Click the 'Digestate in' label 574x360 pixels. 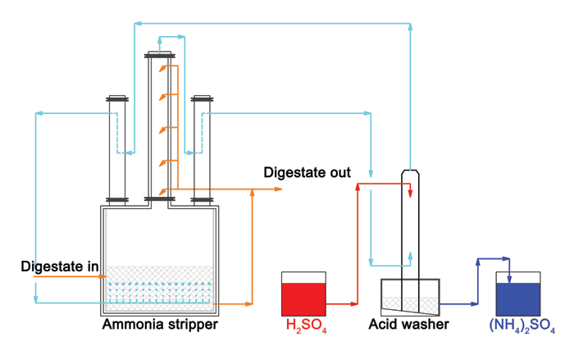(x=60, y=266)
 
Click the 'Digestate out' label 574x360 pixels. (x=307, y=173)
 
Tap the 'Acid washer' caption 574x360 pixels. (x=408, y=325)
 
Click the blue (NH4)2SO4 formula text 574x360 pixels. (x=522, y=326)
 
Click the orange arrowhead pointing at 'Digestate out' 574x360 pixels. (x=278, y=189)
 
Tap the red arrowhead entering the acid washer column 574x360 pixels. (x=410, y=193)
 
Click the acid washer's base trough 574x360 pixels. (x=411, y=296)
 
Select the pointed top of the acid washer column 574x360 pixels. (x=411, y=174)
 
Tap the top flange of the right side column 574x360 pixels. (x=202, y=100)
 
